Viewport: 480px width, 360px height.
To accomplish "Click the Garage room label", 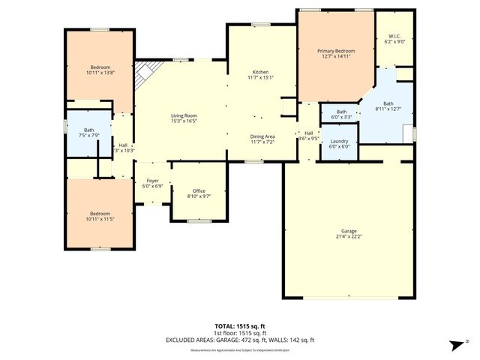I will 347,232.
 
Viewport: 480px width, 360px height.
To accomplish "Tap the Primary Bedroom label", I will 337,51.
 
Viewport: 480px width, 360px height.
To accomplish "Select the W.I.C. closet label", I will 395,37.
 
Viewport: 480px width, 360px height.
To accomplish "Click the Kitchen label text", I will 260,71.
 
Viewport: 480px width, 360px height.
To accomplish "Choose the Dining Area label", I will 262,136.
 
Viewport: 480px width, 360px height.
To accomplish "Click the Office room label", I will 199,191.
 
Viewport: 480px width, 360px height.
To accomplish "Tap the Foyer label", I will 152,181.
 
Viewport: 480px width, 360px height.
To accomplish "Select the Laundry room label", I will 339,142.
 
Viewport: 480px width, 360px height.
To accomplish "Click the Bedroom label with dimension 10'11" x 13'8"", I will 100,67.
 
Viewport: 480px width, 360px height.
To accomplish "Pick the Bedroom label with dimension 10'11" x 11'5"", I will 100,214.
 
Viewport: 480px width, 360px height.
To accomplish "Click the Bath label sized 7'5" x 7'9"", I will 89,130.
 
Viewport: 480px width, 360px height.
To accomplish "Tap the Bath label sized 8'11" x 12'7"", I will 388,104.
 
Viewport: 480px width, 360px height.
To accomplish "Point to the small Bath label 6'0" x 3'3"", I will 341,112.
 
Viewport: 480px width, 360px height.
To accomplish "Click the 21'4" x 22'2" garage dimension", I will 347,236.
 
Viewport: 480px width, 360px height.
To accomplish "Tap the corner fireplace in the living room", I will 145,73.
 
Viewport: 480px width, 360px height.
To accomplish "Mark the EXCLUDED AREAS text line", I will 239,340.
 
